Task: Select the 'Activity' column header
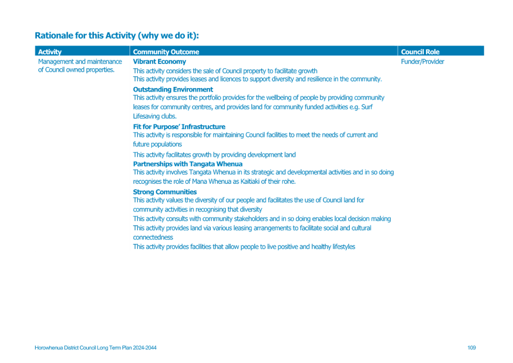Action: pos(50,52)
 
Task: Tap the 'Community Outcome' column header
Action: pos(166,52)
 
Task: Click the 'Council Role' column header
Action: pos(420,52)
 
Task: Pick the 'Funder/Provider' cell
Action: pos(423,62)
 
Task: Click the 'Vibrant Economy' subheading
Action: pos(159,62)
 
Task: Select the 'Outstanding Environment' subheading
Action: pos(173,89)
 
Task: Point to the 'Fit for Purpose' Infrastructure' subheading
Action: pos(179,127)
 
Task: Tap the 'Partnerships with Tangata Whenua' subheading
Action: pos(187,164)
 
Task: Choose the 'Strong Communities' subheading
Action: pos(164,192)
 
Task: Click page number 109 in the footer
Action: pos(471,348)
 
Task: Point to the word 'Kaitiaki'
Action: pos(249,181)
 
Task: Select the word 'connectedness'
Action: pos(153,237)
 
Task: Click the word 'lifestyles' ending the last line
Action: pos(343,247)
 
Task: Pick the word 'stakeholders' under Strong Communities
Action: pos(255,219)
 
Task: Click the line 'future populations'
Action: pos(157,144)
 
